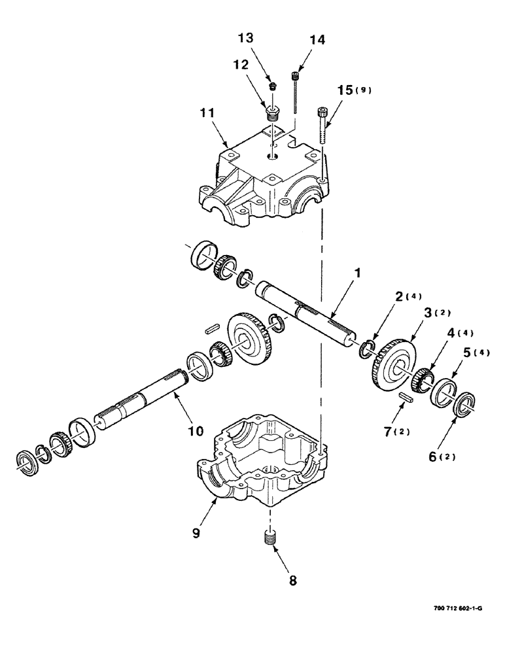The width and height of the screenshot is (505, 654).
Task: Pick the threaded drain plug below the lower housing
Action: click(268, 539)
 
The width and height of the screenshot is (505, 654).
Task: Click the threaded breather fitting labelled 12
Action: click(272, 110)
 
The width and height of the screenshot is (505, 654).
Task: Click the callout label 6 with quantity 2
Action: click(437, 455)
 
